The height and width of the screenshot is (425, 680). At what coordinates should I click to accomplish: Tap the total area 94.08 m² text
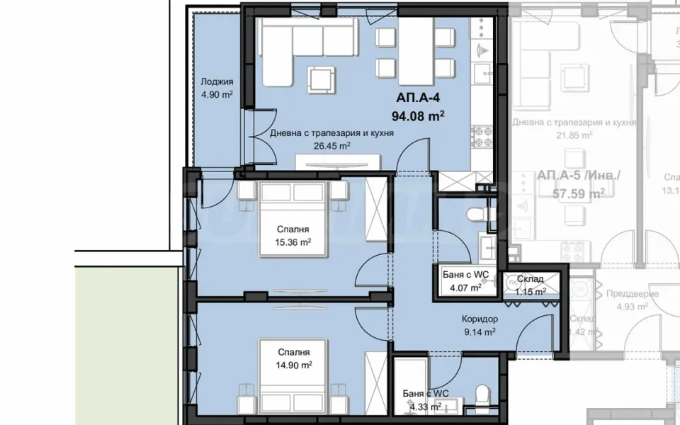coord(418,115)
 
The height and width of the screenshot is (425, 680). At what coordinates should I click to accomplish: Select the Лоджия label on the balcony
coord(217,81)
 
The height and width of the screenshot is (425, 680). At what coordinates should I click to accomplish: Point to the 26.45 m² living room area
coord(332,146)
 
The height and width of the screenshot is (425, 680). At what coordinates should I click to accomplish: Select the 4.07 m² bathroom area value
coord(465,288)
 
